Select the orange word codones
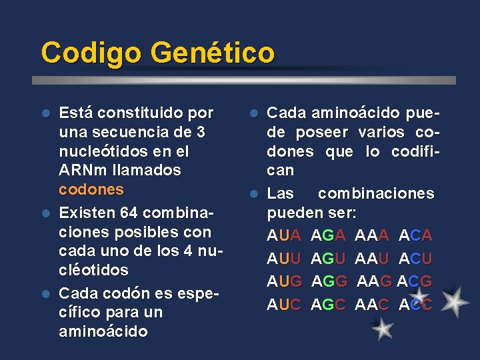tap(91, 189)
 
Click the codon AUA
tap(285, 235)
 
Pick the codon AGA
tap(329, 235)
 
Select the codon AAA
tap(373, 235)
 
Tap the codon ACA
tap(416, 235)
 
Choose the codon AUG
tap(285, 281)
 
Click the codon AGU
tap(329, 258)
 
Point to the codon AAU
tap(373, 258)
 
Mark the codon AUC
tap(285, 304)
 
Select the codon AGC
tap(329, 304)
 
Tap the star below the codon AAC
tap(382, 329)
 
